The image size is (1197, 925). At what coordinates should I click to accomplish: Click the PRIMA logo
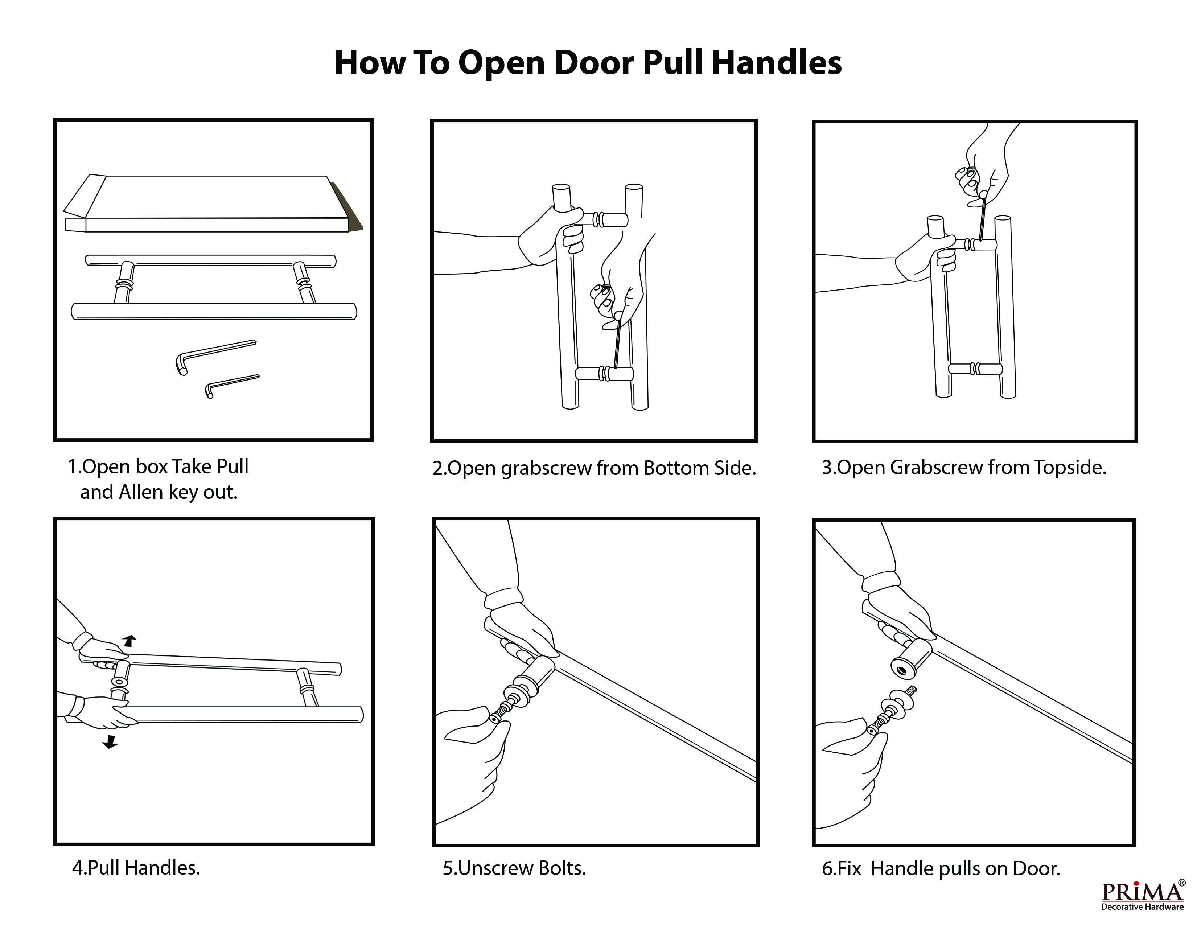pos(1142,892)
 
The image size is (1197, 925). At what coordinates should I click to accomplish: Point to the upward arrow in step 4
pos(129,640)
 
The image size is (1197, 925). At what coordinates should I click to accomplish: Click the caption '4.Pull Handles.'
pos(136,867)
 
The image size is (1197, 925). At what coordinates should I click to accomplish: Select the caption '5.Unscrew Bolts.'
pos(514,868)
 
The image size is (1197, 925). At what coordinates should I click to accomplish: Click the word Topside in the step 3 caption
pos(1070,468)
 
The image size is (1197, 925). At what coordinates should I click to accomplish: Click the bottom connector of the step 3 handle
pos(976,368)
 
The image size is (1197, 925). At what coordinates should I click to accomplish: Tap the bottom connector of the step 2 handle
pos(604,374)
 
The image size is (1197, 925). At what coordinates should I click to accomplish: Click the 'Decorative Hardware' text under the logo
pos(1142,907)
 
